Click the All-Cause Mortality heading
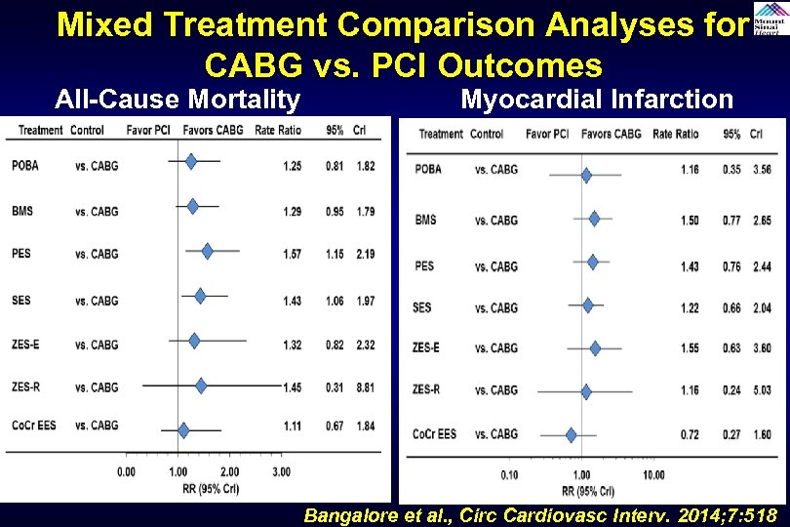178,99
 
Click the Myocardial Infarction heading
597,99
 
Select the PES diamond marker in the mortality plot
207,252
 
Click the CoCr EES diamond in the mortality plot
183,428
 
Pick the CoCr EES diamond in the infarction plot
572,434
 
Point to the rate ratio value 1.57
292,254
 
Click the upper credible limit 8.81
364,387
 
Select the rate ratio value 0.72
689,434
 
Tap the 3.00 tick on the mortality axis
281,472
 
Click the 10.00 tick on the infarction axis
653,475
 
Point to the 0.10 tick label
509,475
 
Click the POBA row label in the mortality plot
25,166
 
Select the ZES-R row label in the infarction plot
426,390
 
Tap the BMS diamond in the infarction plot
594,220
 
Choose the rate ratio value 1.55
689,348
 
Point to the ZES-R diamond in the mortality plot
201,386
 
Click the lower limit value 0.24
731,391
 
